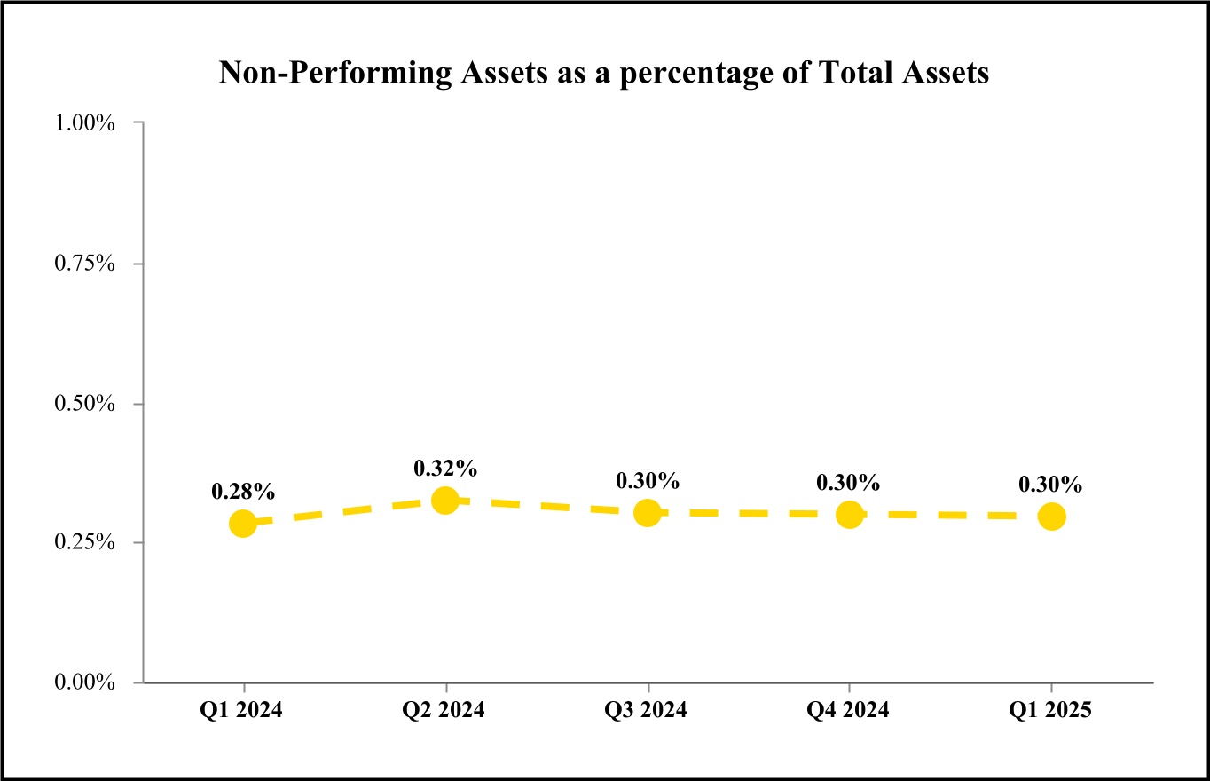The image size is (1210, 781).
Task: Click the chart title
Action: (604, 73)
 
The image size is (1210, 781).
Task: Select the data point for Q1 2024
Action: (243, 524)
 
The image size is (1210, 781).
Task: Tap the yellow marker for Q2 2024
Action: (445, 501)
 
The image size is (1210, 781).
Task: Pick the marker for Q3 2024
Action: (648, 513)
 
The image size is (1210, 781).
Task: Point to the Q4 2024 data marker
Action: (849, 515)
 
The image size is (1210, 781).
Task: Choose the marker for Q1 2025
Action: (1051, 516)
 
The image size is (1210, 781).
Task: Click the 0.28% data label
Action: (243, 490)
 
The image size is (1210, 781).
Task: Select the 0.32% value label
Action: (445, 467)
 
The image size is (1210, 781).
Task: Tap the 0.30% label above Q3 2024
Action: (648, 481)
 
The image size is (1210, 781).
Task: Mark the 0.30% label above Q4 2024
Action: (849, 483)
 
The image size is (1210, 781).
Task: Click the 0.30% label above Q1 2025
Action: (1051, 485)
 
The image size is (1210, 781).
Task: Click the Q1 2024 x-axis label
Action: (243, 711)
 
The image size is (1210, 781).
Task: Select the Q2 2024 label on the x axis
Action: (445, 711)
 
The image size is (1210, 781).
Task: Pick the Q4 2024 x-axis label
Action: (849, 711)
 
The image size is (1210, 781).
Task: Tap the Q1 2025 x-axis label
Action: (1051, 711)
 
